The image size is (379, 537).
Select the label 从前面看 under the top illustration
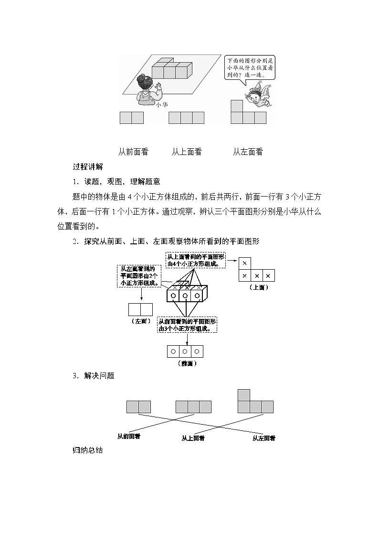pos(133,152)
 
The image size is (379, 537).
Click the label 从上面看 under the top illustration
pos(187,152)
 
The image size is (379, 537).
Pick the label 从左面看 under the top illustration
pos(248,152)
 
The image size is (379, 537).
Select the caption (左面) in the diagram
pos(140,321)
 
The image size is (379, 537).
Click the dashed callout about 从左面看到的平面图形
pos(139,276)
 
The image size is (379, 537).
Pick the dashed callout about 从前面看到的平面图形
pos(187,325)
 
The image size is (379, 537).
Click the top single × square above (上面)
pos(244,263)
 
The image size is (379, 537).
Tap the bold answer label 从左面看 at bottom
pos(263,438)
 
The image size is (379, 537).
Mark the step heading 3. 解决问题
pos(94,376)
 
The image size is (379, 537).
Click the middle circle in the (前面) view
pos(185,351)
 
